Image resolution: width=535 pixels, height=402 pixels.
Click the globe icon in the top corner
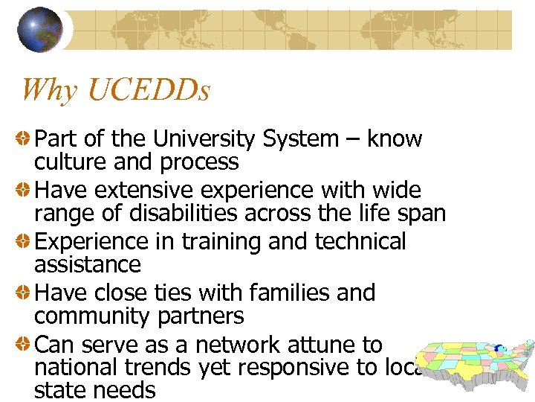point(39,29)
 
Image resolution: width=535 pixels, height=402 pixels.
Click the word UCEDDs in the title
point(148,90)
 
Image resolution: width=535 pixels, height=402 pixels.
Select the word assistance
point(87,264)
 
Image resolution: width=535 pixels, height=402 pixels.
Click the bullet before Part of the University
point(24,138)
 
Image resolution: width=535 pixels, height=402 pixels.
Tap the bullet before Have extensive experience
point(24,190)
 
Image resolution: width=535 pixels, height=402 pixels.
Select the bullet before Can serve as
point(24,345)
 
